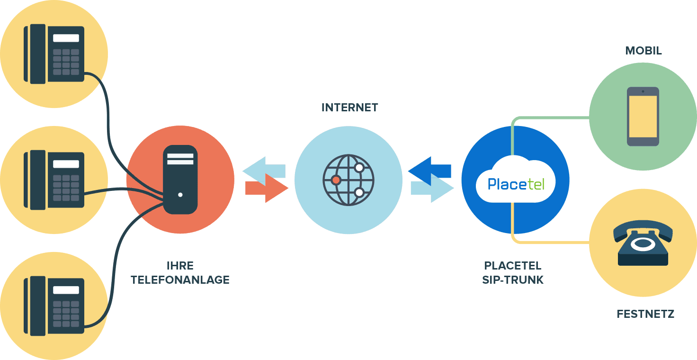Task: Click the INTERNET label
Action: pos(350,108)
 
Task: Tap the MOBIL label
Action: pos(643,51)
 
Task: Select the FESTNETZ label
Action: pos(645,314)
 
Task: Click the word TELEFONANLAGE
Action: pos(180,280)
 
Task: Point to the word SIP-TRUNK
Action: pos(513,280)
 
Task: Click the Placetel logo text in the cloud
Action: pos(515,183)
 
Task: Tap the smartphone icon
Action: pos(643,117)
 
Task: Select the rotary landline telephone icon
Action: pos(643,244)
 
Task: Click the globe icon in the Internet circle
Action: pos(348,180)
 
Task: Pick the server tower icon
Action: pos(180,180)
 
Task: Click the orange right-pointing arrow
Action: pos(268,189)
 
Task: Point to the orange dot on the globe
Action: pos(336,180)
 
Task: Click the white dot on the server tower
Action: pos(180,195)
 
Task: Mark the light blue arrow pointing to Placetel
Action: pos(432,189)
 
